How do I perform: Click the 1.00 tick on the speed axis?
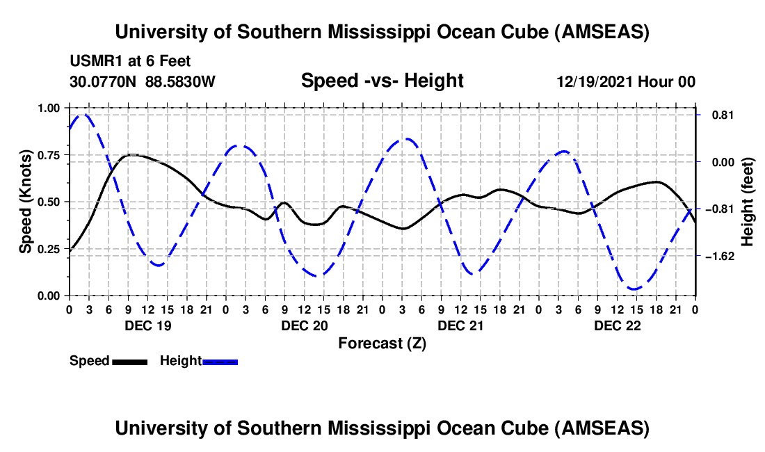tap(49, 108)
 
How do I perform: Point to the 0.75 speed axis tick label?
tap(49, 155)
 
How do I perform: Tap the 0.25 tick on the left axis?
tap(49, 249)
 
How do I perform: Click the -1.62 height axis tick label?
tap(716, 256)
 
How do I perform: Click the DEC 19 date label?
tap(148, 325)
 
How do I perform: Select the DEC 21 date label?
tap(461, 325)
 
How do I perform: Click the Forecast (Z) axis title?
tap(382, 344)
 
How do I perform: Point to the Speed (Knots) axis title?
tap(26, 202)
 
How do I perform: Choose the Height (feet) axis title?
tap(748, 202)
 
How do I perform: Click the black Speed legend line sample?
tap(129, 362)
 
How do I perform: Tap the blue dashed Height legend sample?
tap(220, 362)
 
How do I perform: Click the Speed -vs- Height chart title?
tap(382, 81)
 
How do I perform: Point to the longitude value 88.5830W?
tap(181, 82)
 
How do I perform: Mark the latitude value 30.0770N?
tap(104, 82)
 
